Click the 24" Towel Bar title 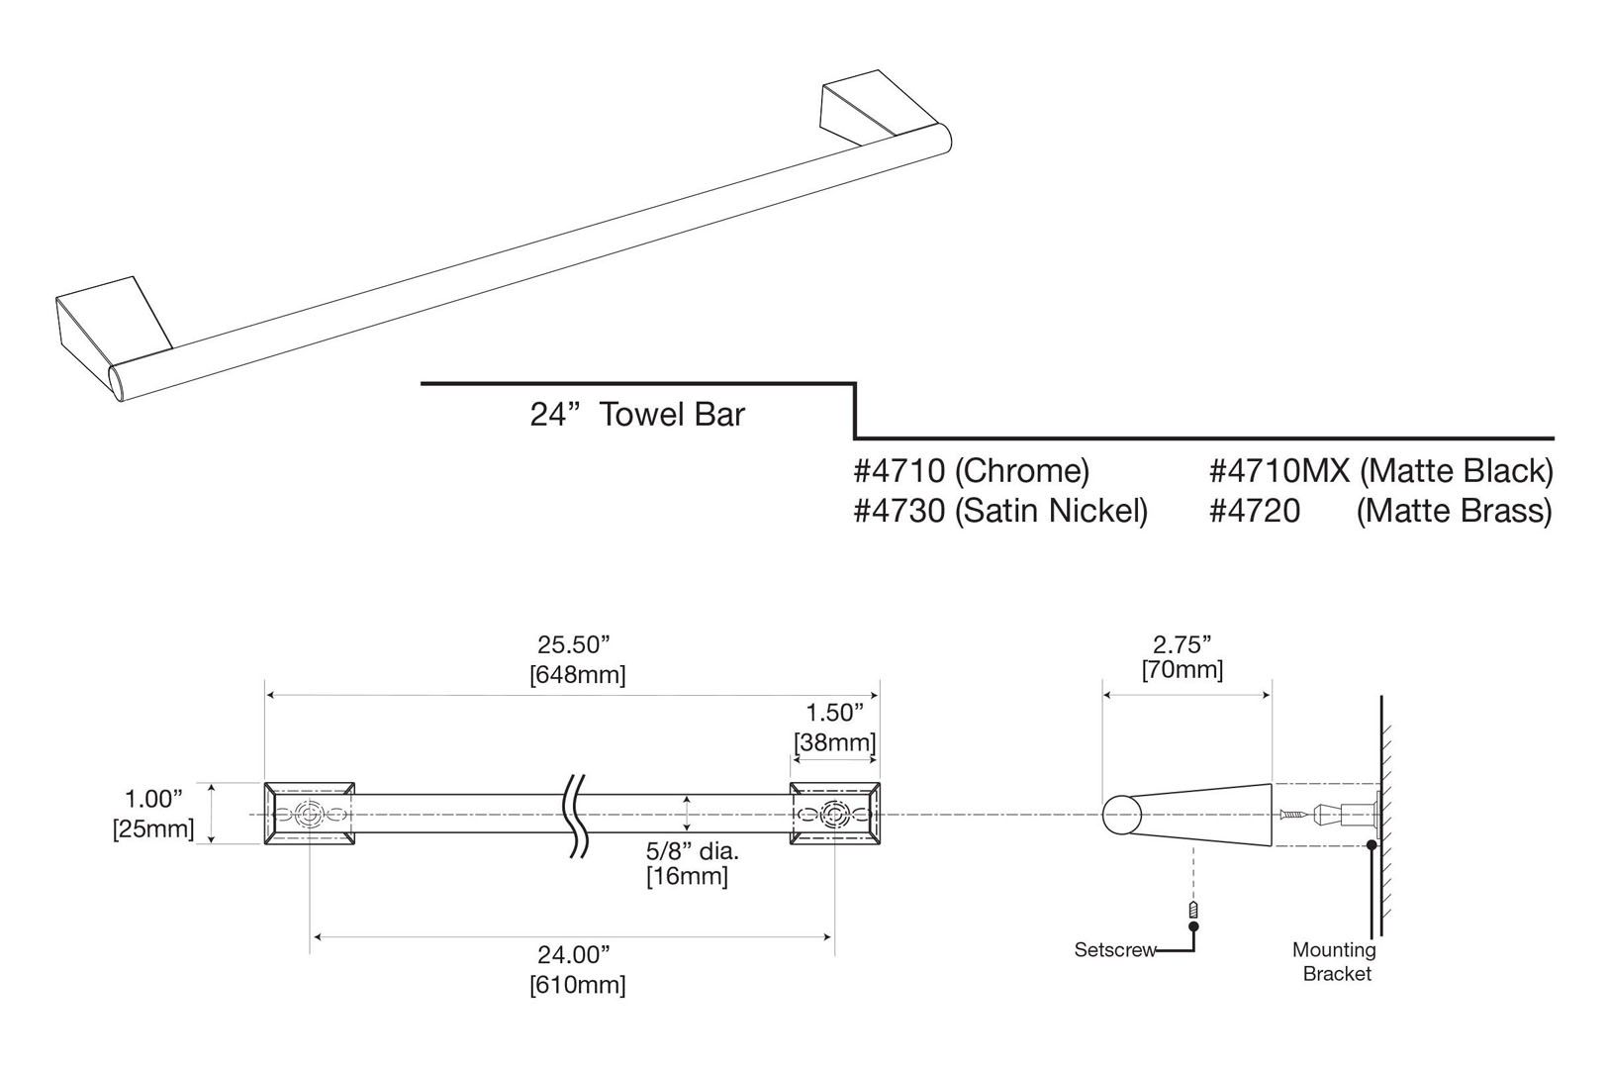coord(636,413)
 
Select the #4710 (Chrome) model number coord(971,470)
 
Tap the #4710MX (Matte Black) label coord(1380,470)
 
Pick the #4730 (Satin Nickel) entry coord(999,511)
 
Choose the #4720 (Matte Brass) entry coord(1380,511)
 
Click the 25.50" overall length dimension coord(573,658)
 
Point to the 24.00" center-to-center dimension coord(573,969)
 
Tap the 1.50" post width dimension coord(834,727)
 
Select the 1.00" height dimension coord(153,813)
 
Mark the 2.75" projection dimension coord(1182,656)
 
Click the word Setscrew coord(1115,950)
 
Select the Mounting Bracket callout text coord(1335,961)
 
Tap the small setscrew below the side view coord(1193,910)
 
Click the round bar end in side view coord(1121,815)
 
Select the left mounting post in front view coord(310,814)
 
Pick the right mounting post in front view coord(834,814)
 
